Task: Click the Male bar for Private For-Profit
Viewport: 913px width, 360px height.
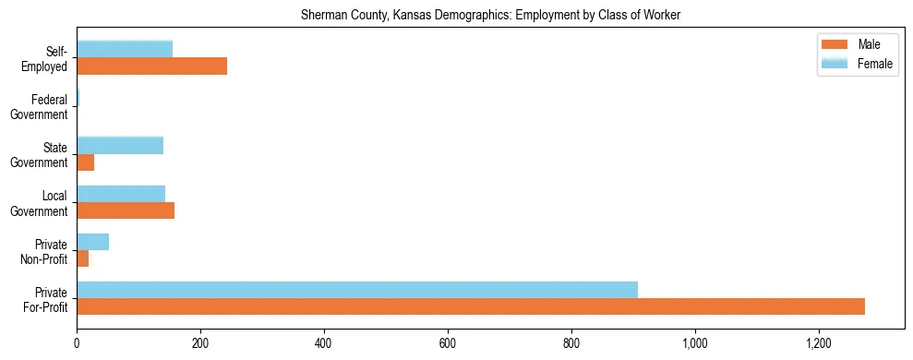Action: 471,306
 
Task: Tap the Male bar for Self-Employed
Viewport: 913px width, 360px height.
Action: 151,66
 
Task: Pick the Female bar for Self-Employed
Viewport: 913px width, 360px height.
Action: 125,50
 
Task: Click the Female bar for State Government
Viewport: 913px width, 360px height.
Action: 120,145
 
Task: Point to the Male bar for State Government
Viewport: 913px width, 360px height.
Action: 85,162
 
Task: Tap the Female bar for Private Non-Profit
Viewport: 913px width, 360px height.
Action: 92,242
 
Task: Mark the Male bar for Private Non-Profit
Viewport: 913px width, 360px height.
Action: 82,259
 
